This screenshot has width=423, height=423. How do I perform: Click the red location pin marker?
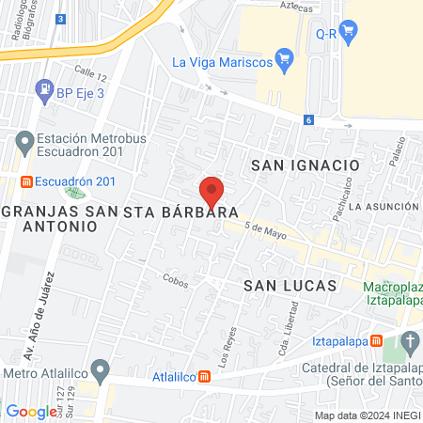[211, 191]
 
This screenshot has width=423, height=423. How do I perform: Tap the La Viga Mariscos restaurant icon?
[288, 62]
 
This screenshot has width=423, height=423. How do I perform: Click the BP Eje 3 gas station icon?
[44, 90]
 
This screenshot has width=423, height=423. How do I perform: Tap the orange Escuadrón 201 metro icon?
[28, 181]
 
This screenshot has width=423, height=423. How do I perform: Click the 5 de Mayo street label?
[264, 228]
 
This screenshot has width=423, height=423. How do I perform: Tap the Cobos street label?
[175, 278]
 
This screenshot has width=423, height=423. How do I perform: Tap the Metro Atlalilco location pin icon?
[97, 368]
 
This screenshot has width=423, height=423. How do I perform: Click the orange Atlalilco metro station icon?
[205, 378]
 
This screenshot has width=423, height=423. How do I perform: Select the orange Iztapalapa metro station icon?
[376, 341]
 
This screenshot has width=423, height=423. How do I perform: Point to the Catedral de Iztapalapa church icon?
[411, 342]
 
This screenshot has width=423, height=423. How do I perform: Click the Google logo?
[31, 411]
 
